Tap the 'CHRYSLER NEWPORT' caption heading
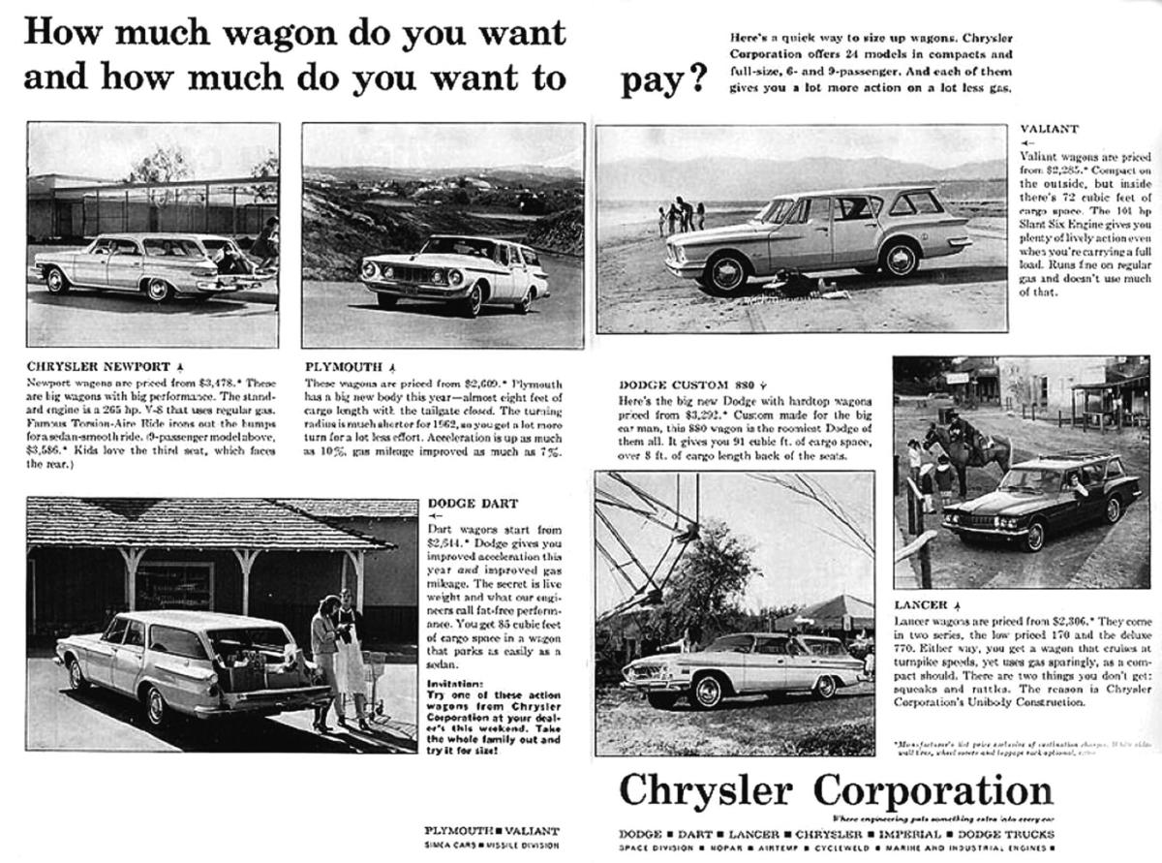tap(97, 367)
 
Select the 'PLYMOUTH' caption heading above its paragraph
tap(344, 368)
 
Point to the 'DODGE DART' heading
tap(473, 504)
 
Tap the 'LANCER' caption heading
tap(920, 604)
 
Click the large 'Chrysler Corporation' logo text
tap(835, 791)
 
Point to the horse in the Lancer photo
tap(963, 447)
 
